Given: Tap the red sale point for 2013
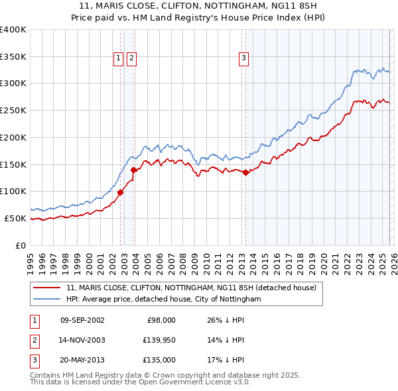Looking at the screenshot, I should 245,172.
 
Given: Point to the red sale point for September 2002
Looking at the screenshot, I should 120,192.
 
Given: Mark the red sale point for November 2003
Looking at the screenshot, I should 134,170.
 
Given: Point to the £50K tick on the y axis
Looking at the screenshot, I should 15,218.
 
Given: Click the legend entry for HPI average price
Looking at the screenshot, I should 164,300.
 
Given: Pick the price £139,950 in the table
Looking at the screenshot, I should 157,340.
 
